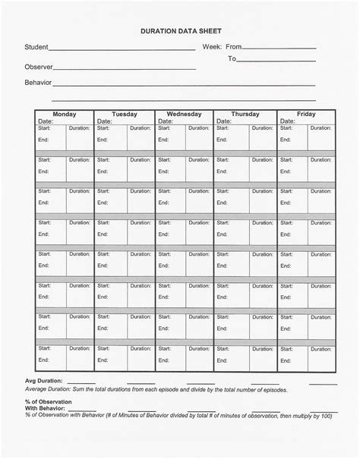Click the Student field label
pyautogui.click(x=36, y=47)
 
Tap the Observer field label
pyautogui.click(x=38, y=67)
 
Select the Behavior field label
pyautogui.click(x=38, y=82)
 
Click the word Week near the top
pyautogui.click(x=211, y=47)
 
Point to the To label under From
pyautogui.click(x=232, y=58)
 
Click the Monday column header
pyautogui.click(x=64, y=114)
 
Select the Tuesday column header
pyautogui.click(x=124, y=114)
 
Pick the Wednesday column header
pyautogui.click(x=183, y=114)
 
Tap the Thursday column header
pyautogui.click(x=245, y=114)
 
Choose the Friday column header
pyautogui.click(x=306, y=114)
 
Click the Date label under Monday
pyautogui.click(x=46, y=121)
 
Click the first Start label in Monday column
pyautogui.click(x=44, y=128)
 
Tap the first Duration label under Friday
pyautogui.click(x=320, y=128)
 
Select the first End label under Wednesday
pyautogui.click(x=163, y=140)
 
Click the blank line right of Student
pyautogui.click(x=122, y=50)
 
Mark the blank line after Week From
pyautogui.click(x=278, y=50)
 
